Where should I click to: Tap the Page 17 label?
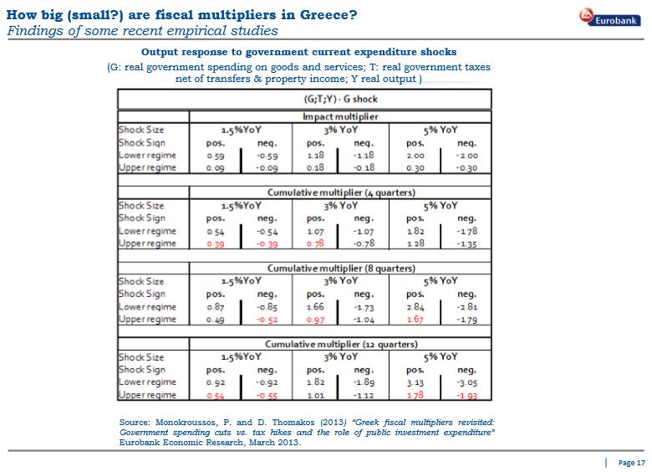pos(631,462)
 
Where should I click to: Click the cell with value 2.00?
pos(415,155)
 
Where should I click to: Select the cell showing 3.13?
pos(415,382)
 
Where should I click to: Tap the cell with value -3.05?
pos(466,382)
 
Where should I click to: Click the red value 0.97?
pos(315,320)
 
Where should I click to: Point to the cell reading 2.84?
pos(415,307)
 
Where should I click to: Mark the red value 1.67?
pos(415,320)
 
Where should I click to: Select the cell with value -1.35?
pos(466,244)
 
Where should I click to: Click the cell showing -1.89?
pos(364,382)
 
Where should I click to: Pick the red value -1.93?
pos(466,395)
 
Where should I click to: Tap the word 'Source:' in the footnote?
pos(135,422)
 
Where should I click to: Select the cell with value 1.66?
pos(315,307)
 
